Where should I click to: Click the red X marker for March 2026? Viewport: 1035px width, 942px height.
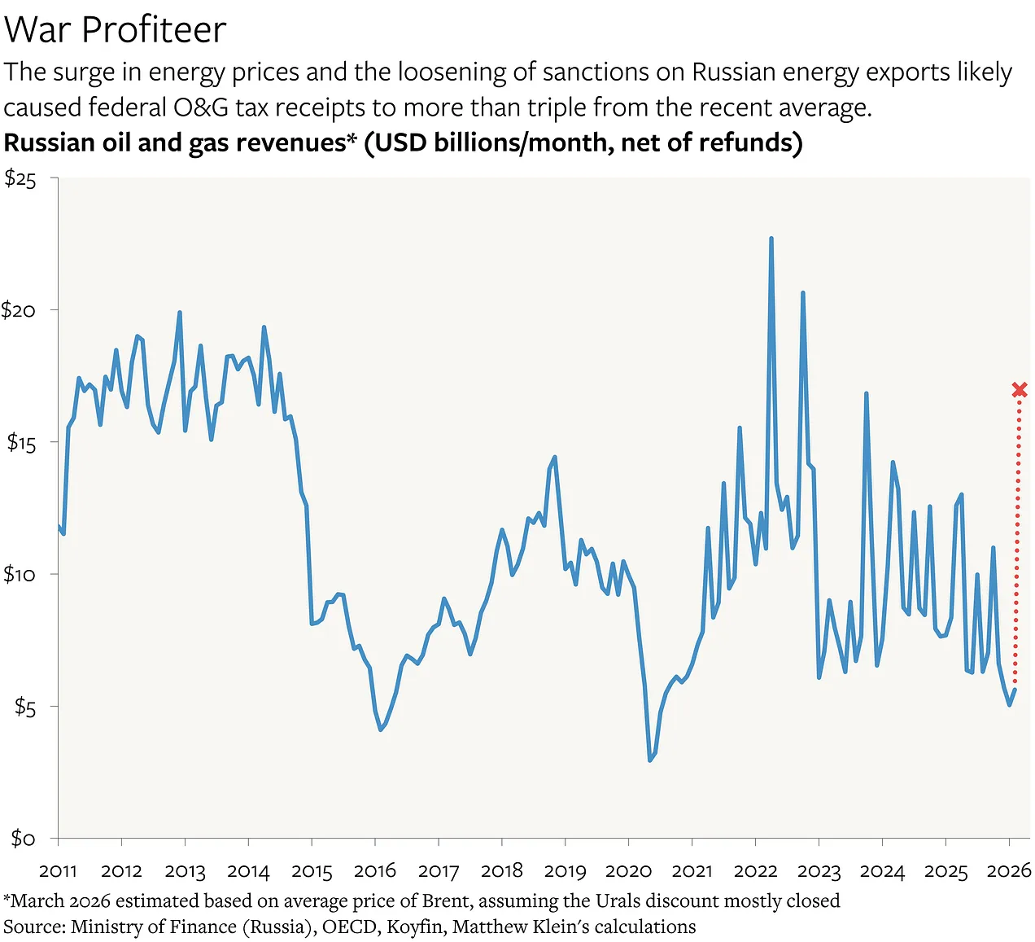1019,390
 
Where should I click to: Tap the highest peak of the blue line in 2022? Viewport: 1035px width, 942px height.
771,239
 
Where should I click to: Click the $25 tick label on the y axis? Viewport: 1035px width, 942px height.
20,179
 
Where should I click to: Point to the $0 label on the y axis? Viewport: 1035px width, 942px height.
23,838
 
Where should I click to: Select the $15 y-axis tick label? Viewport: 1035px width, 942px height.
21,442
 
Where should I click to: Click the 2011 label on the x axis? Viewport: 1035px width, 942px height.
58,871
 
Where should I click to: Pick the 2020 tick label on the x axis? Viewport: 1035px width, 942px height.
628,871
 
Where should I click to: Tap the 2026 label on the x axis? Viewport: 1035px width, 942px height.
1009,871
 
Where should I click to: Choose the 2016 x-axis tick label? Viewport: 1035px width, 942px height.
374,871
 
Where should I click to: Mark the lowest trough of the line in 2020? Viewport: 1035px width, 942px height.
650,760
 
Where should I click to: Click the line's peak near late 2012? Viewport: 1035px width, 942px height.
179,313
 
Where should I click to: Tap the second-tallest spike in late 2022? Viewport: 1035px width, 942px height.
802,293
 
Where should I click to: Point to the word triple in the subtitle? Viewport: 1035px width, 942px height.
557,107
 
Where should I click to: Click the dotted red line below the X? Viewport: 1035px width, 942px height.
1017,537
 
